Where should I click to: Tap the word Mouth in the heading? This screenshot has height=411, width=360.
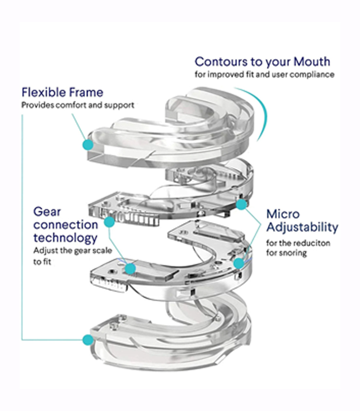(312, 62)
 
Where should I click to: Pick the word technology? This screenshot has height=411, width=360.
(65, 238)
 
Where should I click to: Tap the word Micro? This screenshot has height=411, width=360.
(283, 214)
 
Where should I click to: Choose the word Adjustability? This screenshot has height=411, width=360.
(302, 227)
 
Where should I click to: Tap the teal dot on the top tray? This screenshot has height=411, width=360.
(88, 145)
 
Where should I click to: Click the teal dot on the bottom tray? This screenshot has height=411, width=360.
(88, 340)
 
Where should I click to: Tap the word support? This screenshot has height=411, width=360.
(120, 105)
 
